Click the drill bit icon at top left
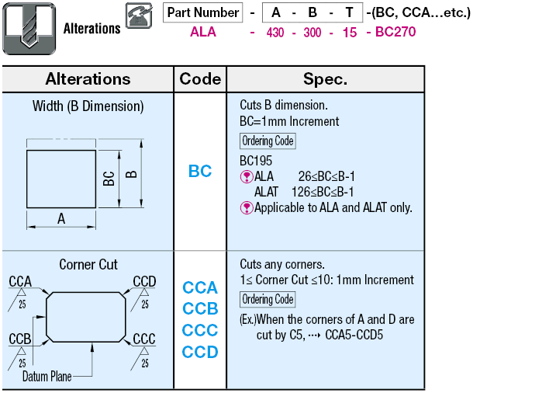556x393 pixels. [x=29, y=29]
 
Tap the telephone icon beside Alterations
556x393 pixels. [x=139, y=16]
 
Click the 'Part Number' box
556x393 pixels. [x=203, y=12]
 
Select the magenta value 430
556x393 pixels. [x=275, y=33]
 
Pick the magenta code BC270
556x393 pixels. [x=395, y=32]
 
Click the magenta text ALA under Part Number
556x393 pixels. [x=203, y=32]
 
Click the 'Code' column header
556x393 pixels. [x=200, y=78]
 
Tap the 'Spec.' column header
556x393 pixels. [x=325, y=79]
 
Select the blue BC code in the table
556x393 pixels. [x=200, y=171]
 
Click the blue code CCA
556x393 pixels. [x=200, y=287]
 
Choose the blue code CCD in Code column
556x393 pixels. [x=200, y=352]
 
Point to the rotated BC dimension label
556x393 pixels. [x=109, y=179]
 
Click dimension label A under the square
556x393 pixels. [x=61, y=219]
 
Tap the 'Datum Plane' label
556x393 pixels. [x=47, y=377]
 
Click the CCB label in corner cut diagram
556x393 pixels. [x=20, y=339]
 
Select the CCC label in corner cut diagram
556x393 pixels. [x=144, y=339]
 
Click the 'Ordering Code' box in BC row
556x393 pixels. [x=268, y=141]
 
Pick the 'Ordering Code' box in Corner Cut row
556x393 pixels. [x=268, y=299]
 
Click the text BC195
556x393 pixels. [x=256, y=161]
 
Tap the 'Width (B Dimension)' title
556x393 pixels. [x=88, y=106]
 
